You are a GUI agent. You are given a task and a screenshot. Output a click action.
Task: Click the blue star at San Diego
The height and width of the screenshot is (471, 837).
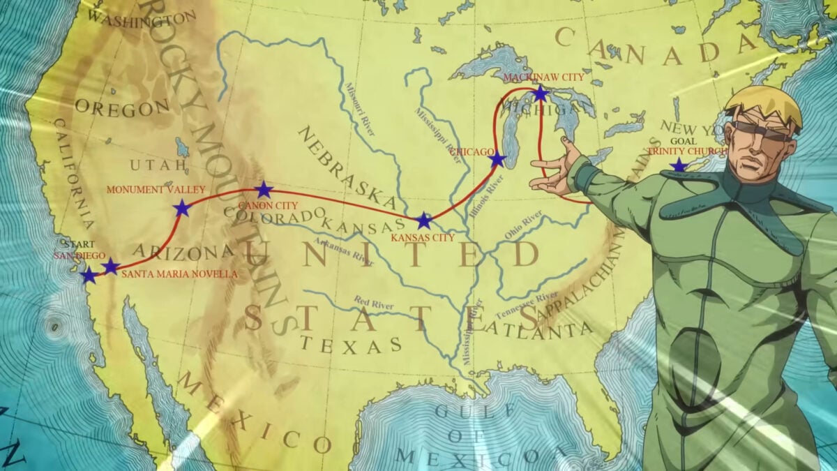89,276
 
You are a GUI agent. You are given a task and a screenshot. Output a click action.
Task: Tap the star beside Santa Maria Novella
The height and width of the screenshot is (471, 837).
110,266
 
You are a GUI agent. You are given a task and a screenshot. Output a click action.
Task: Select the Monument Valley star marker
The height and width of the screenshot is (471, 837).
181,208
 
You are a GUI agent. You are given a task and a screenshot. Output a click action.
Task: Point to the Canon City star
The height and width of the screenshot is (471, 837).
264,190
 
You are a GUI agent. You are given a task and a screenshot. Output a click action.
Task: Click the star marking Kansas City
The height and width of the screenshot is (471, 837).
423,220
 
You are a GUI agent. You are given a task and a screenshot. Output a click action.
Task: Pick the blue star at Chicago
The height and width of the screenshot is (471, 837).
497,160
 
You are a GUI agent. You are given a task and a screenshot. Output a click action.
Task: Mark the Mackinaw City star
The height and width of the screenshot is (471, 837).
541,93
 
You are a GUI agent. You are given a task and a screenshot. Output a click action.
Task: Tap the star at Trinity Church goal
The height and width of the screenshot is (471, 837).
678,165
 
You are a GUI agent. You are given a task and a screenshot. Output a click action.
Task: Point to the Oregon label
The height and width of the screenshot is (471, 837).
122,108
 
